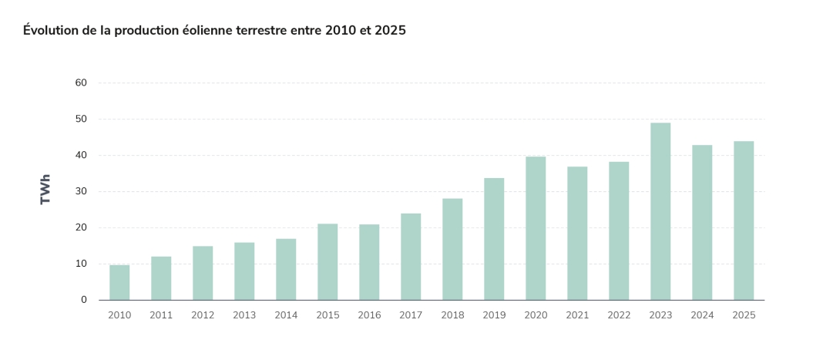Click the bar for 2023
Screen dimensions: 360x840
(660, 211)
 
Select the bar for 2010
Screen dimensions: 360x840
(119, 282)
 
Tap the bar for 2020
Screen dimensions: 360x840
(536, 228)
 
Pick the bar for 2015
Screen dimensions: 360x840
(328, 261)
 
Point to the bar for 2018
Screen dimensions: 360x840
(452, 249)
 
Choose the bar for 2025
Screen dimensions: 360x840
(744, 220)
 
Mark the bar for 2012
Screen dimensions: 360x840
(203, 273)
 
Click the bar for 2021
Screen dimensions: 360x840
(577, 233)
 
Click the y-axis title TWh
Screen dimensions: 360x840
(45, 189)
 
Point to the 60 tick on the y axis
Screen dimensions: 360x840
(81, 82)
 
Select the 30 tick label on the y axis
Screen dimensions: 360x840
(81, 191)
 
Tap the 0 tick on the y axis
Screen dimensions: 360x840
(84, 300)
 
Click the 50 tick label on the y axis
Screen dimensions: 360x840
(81, 119)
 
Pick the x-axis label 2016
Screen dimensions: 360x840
(369, 315)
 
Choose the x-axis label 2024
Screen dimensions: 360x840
(702, 315)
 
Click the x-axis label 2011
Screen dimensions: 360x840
(161, 315)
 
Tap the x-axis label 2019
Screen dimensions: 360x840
(494, 315)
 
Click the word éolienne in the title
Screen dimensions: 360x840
(208, 31)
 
